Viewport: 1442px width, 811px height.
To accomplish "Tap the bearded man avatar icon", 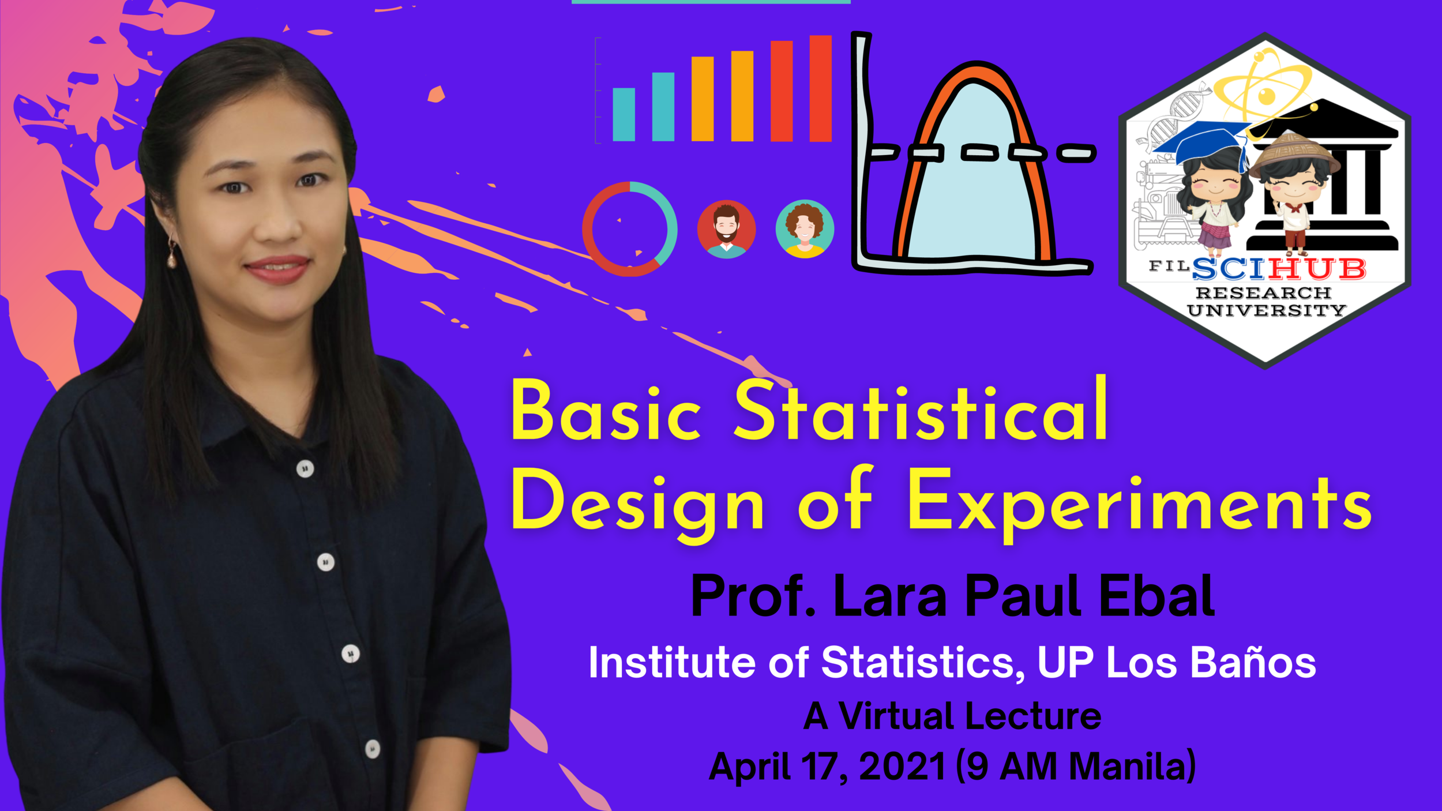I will pos(726,229).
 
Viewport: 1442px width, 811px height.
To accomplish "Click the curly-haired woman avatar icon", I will pos(805,229).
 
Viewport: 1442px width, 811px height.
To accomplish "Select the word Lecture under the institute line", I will pos(1032,716).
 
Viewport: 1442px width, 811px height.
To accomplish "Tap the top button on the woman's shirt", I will pos(305,468).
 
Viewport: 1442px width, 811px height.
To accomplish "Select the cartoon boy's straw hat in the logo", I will pos(1293,151).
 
